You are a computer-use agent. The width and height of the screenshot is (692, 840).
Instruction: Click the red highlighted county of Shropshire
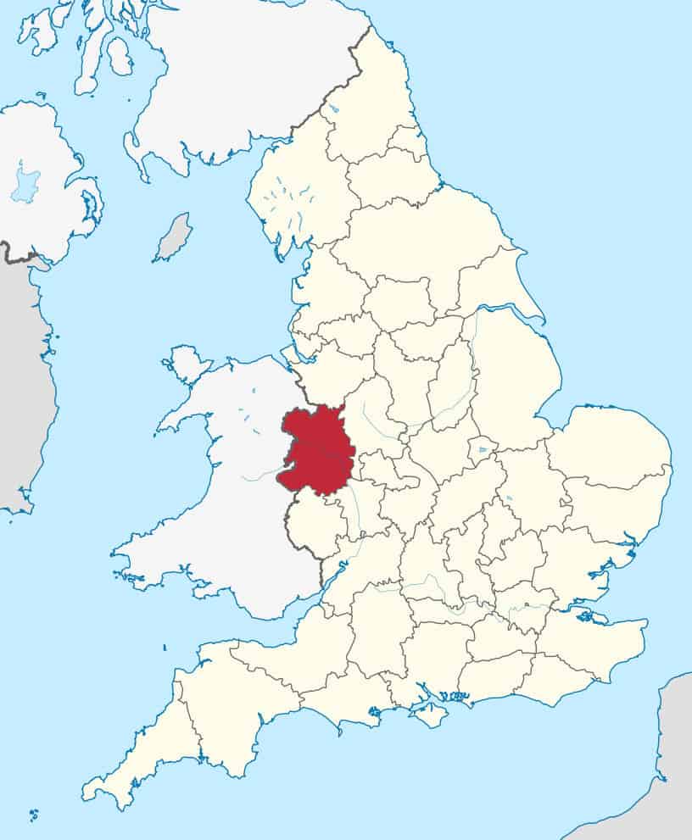pos(315,449)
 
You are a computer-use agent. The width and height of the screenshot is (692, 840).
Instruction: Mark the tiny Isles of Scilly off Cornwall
pos(33,815)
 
